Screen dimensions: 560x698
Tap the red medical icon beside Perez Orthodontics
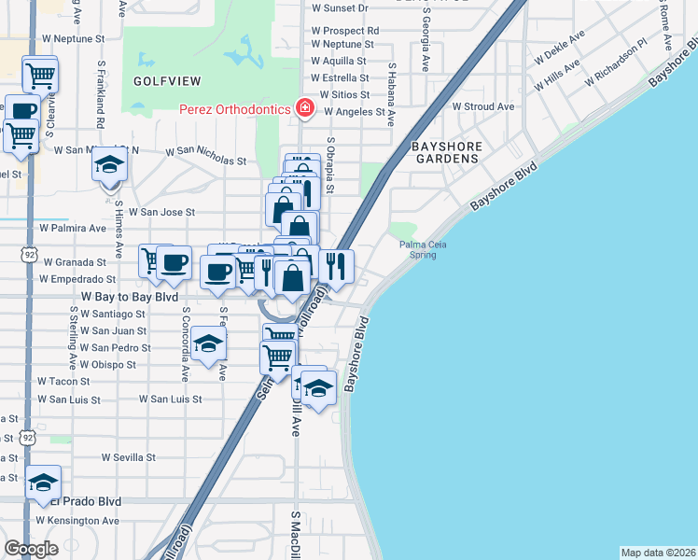(x=303, y=109)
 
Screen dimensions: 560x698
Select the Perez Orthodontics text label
(x=235, y=109)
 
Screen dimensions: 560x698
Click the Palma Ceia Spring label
(x=418, y=249)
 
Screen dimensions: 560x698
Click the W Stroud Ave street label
(x=483, y=106)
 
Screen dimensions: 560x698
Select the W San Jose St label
(x=161, y=212)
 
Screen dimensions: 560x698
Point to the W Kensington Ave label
(x=78, y=520)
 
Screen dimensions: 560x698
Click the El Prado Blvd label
(x=90, y=501)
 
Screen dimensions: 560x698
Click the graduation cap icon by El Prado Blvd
(x=43, y=482)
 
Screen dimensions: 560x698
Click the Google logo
(x=31, y=549)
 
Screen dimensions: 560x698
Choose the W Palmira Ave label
(x=73, y=228)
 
